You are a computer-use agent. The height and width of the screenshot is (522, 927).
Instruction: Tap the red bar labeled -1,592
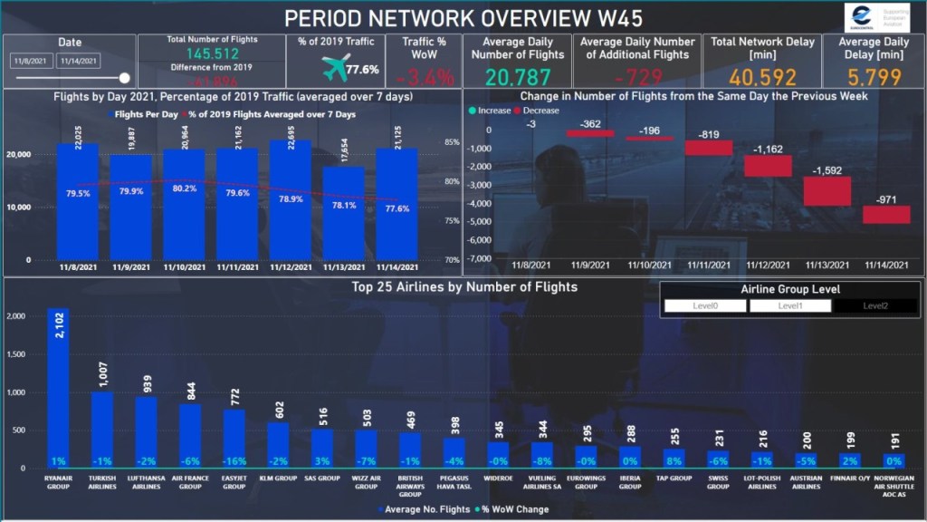pos(827,190)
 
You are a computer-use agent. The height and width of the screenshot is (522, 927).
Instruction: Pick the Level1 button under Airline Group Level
pos(790,306)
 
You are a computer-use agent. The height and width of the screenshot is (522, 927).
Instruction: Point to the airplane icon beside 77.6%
pos(336,67)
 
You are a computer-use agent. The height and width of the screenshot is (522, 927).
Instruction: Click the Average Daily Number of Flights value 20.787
pos(517,77)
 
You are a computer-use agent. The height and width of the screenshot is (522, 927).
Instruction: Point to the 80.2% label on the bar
pos(184,188)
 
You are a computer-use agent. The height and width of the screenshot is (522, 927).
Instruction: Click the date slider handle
pos(124,78)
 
